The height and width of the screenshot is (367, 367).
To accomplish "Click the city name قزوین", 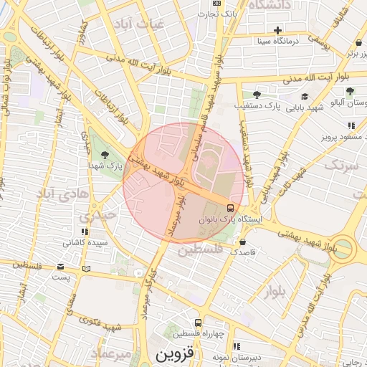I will coord(175,354).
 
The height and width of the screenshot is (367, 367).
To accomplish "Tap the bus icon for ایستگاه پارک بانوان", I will coord(229,207).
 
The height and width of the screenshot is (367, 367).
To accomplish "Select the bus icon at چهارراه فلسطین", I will coord(198,323).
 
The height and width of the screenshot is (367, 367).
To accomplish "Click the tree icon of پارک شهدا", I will coord(105,154).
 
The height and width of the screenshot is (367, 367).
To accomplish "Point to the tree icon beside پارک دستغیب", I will coord(257,95).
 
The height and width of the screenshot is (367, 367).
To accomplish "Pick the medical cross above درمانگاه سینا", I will coord(278,30).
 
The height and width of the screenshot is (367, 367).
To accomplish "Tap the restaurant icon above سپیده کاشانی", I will coord(85,232).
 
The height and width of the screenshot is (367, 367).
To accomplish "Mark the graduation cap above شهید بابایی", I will coord(305,96).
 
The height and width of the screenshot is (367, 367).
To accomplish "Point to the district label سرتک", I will coord(340,166).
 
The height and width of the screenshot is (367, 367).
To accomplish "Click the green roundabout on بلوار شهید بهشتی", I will coord(343,248).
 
